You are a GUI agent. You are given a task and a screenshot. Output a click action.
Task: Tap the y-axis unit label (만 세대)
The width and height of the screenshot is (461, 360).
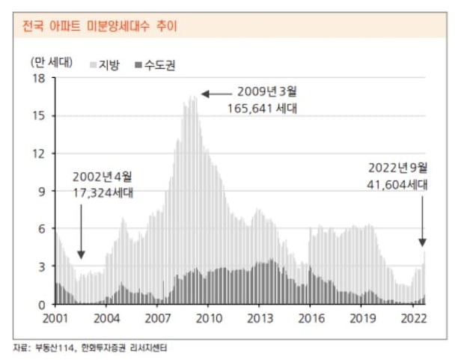pyautogui.click(x=51, y=61)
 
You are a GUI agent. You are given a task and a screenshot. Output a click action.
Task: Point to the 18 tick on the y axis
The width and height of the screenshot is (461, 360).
pyautogui.click(x=39, y=78)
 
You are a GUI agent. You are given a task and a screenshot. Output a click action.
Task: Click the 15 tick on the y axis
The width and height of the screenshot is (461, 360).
pyautogui.click(x=39, y=116)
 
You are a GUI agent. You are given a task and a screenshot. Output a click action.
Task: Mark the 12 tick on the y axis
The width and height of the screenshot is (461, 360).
pyautogui.click(x=39, y=153)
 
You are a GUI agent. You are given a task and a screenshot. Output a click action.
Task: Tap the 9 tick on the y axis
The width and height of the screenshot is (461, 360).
pyautogui.click(x=42, y=192)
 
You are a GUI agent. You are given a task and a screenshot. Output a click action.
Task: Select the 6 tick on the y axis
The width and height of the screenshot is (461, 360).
pyautogui.click(x=42, y=229)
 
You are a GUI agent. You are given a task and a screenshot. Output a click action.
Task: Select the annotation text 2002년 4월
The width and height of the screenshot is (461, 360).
pyautogui.click(x=103, y=177)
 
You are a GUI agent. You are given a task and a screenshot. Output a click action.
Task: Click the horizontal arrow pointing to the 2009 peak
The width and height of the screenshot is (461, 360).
pyautogui.click(x=216, y=94)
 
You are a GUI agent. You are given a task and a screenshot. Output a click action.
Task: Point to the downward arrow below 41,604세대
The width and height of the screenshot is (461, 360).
pyautogui.click(x=422, y=221)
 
